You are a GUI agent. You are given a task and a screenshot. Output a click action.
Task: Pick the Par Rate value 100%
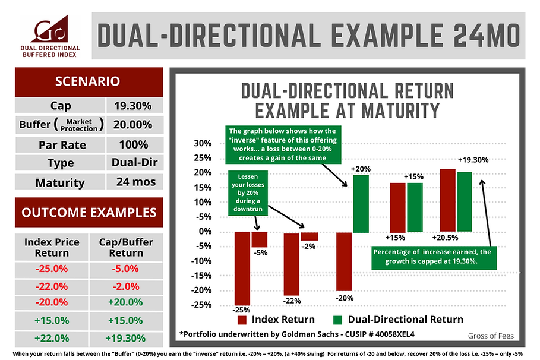(134, 144)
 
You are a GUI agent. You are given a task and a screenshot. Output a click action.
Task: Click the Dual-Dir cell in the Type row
(134, 163)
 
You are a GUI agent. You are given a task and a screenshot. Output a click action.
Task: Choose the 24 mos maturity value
(134, 182)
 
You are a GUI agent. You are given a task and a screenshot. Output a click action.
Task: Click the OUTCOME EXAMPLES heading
(90, 213)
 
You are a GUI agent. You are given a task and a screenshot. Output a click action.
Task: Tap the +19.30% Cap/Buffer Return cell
(125, 339)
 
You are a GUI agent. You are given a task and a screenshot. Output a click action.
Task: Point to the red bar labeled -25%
(242, 267)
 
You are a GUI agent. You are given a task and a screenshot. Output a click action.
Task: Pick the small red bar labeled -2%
(309, 236)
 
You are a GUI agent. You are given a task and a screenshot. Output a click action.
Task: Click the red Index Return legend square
(242, 320)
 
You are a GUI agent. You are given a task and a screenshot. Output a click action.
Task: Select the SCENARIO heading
(90, 80)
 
